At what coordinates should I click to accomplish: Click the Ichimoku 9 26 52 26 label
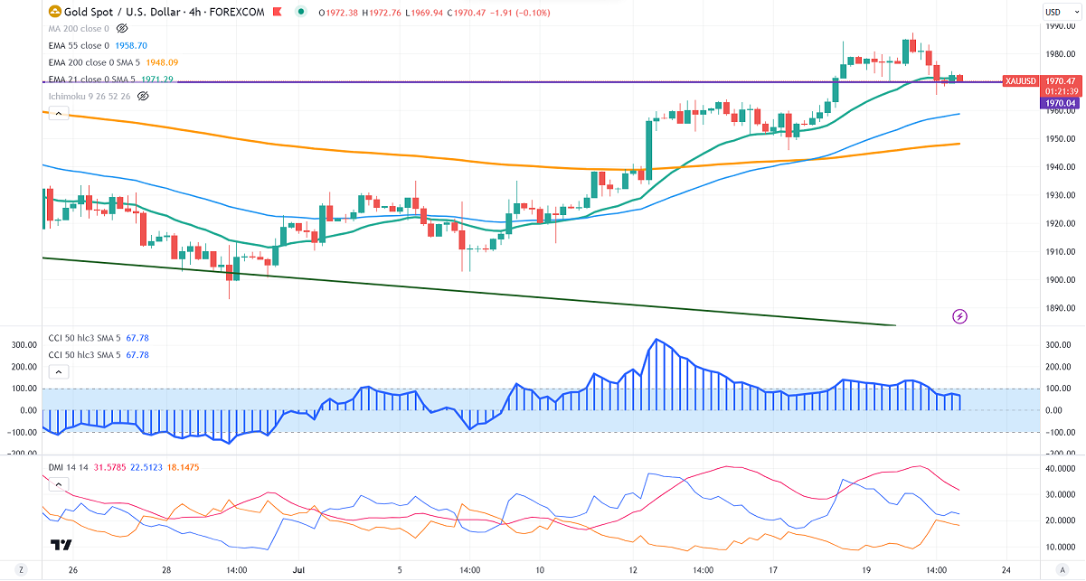89,96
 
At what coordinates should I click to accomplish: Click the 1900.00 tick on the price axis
1056,279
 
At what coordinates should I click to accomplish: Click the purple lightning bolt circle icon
960,316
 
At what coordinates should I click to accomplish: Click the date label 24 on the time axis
1006,571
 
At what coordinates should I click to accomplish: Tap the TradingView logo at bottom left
61,545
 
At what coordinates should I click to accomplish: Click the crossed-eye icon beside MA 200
122,29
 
